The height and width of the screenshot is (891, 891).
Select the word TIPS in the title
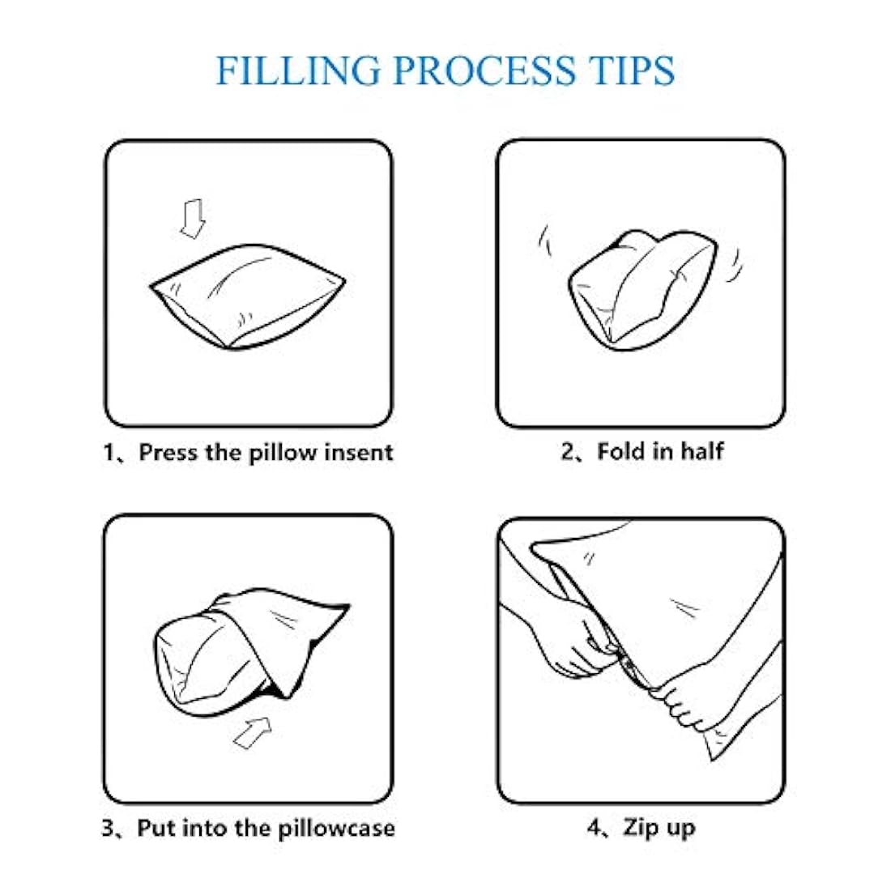click(x=633, y=70)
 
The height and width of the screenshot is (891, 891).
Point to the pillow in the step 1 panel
click(x=248, y=296)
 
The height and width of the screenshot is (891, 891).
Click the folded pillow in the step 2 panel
click(x=642, y=289)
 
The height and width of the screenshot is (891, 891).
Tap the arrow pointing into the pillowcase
click(x=252, y=732)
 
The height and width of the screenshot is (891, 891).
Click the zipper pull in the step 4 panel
click(x=627, y=663)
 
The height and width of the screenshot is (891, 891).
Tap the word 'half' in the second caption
click(x=702, y=451)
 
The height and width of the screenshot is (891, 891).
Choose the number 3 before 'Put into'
click(x=108, y=828)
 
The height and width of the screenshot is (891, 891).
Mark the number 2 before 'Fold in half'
click(x=568, y=451)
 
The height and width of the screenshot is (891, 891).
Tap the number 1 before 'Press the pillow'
click(x=109, y=453)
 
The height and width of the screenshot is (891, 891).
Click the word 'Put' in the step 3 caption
click(x=156, y=828)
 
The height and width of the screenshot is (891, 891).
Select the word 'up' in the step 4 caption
click(x=680, y=829)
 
